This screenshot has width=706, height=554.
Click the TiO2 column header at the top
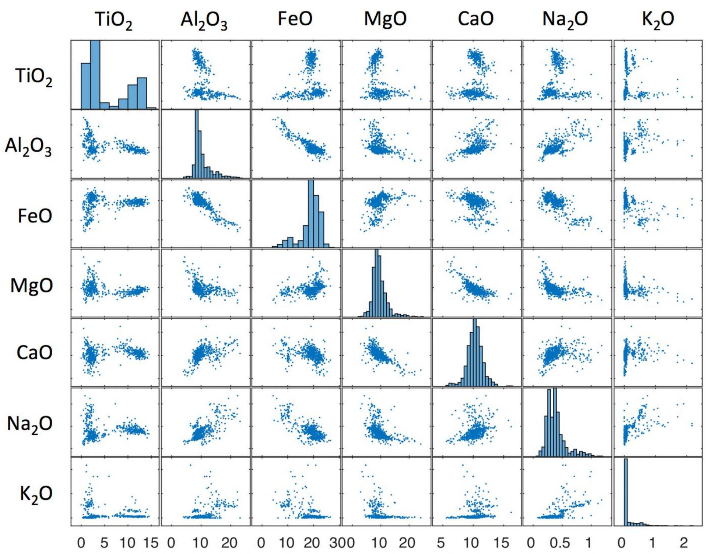click(x=113, y=20)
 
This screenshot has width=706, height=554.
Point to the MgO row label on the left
click(x=32, y=285)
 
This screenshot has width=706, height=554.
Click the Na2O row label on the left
click(x=29, y=424)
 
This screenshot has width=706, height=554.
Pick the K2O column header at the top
click(x=658, y=20)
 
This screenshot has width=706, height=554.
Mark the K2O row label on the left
click(x=36, y=494)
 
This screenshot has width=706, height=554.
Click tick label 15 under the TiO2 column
click(x=151, y=543)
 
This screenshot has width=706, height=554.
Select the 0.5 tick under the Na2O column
click(x=559, y=543)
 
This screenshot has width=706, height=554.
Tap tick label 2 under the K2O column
click(x=684, y=543)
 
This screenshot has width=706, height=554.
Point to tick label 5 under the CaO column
click(x=441, y=543)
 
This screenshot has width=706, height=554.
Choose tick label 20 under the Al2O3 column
click(x=229, y=543)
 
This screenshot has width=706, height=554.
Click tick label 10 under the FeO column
click(x=287, y=543)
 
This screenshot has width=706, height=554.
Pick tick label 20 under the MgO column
click(x=407, y=543)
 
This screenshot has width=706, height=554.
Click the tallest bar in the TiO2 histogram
click(x=95, y=75)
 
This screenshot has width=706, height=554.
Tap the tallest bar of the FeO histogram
click(x=311, y=214)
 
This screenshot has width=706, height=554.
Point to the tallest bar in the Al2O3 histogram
click(x=197, y=144)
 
